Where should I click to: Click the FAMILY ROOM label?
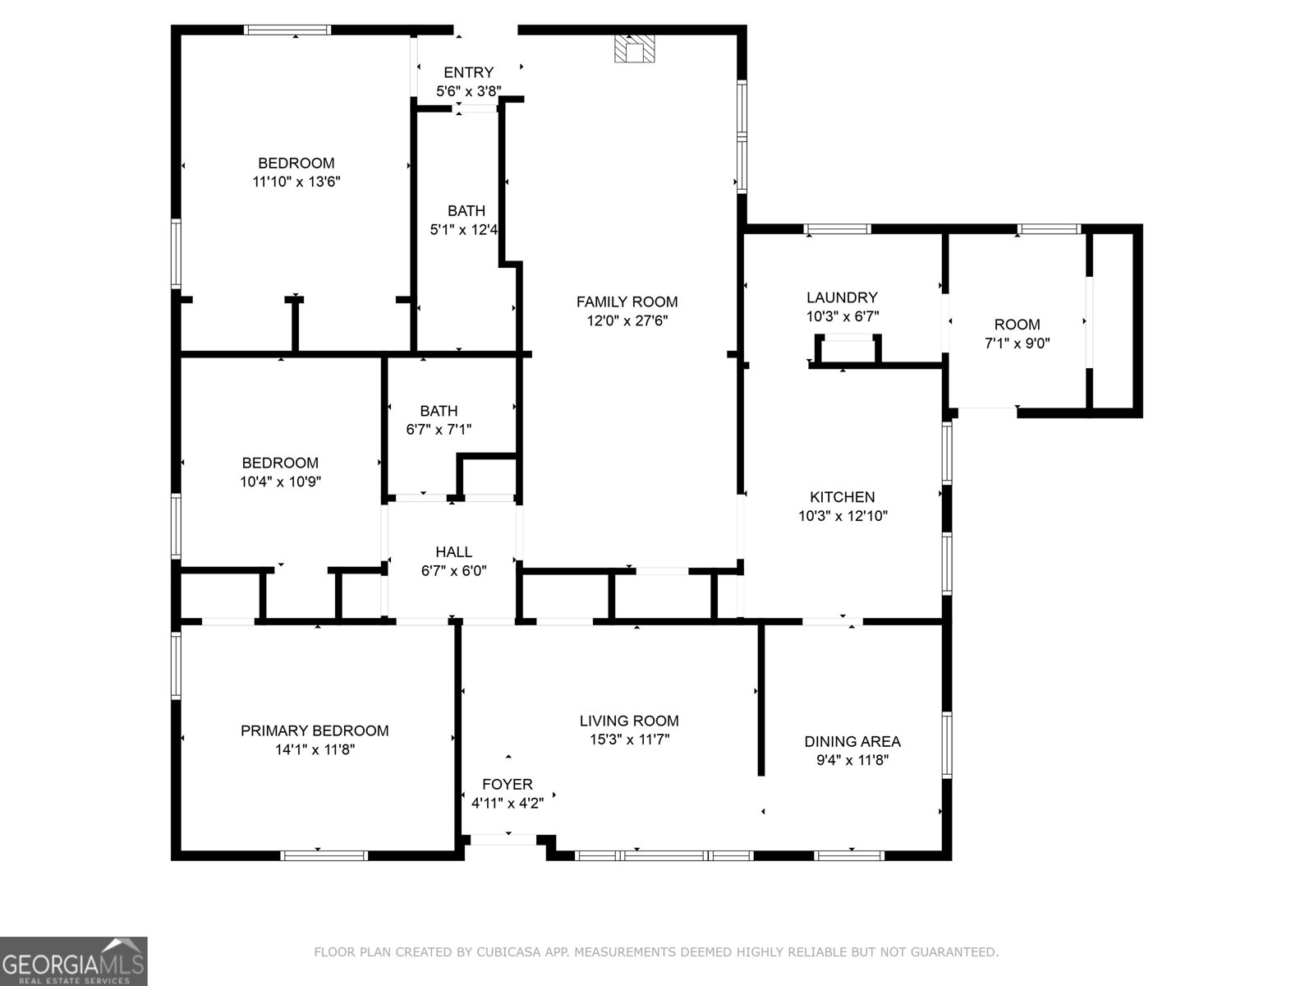(x=627, y=302)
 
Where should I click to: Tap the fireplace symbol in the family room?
(x=635, y=49)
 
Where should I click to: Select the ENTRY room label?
(x=468, y=72)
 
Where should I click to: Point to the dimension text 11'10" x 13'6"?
(x=296, y=182)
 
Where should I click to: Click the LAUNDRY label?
(x=842, y=297)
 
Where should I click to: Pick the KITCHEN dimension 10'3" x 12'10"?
(x=843, y=516)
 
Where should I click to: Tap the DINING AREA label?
(x=852, y=741)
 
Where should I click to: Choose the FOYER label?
(x=507, y=784)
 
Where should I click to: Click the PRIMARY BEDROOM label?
(x=315, y=730)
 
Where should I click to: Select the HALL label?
(x=453, y=552)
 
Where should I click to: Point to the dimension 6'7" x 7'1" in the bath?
(x=439, y=429)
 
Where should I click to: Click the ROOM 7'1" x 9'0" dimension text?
(x=1017, y=343)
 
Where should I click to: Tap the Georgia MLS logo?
(x=74, y=961)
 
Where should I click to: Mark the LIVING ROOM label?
(x=629, y=721)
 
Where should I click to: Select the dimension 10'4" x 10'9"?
(x=280, y=481)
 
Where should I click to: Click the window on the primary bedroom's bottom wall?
(x=324, y=855)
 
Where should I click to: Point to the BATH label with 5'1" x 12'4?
(x=466, y=211)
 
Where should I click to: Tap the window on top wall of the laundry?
(x=836, y=229)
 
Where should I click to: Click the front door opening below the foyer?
(x=503, y=839)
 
